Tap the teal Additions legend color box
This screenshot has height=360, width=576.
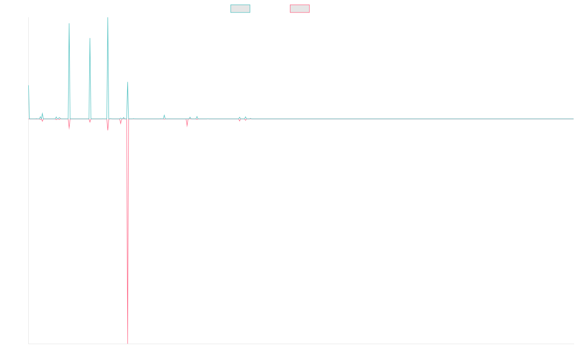240,9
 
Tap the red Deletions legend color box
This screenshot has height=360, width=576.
300,9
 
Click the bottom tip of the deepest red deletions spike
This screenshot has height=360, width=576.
128,343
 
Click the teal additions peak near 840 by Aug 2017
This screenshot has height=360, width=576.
128,83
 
